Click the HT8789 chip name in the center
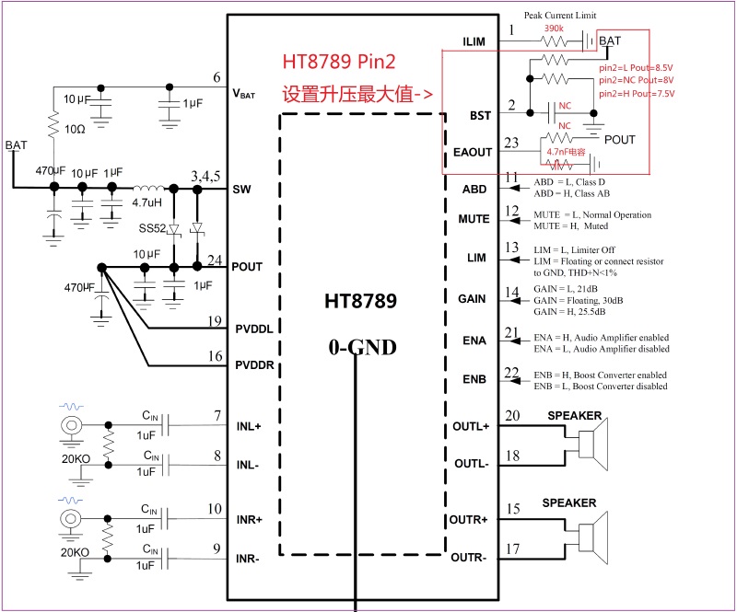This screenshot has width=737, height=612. point(359,301)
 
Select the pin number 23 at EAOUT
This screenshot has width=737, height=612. point(511,142)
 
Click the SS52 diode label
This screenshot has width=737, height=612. point(152,227)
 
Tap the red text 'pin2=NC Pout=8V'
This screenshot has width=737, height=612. point(637,80)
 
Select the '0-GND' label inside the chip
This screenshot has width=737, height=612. point(363,347)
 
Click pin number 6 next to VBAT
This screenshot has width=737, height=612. point(216,77)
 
